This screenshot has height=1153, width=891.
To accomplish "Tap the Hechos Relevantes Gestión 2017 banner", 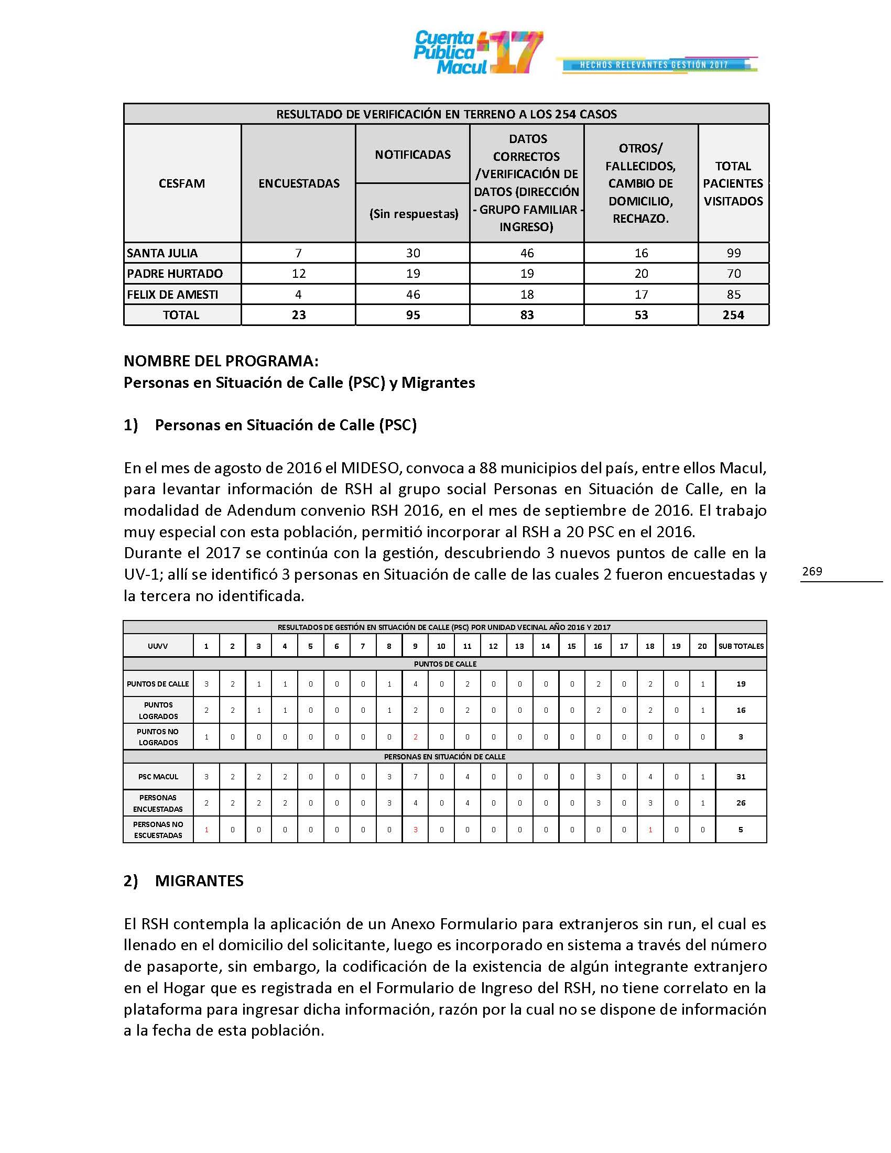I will point(656,65).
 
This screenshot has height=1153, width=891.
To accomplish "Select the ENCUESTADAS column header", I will point(299,183).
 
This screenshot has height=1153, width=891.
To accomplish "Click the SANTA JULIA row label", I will point(162,253).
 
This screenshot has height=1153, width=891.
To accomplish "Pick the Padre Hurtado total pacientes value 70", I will point(733,274).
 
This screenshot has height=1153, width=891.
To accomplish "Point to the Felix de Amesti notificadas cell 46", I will point(413,294).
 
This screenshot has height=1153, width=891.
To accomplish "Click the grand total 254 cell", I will point(733,314).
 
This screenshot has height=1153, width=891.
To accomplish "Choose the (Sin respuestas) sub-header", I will point(414,214).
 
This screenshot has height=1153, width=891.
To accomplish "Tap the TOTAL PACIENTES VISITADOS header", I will point(733,183).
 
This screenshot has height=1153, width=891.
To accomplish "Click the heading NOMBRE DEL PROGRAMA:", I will point(221,361).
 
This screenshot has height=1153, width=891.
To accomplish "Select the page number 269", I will point(812,571).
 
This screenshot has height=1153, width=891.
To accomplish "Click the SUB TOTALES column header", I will point(741,646).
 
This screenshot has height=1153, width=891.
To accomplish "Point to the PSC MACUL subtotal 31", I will point(741,777).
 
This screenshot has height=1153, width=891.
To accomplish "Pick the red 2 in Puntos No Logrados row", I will point(416,737).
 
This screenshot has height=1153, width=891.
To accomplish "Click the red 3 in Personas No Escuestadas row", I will point(416,830).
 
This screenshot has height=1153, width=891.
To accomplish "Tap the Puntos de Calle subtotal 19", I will point(741,683).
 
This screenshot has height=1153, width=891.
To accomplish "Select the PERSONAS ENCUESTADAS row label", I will point(158,803).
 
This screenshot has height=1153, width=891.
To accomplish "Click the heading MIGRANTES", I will point(199,880).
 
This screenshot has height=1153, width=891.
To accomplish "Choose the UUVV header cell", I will point(158,646).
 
